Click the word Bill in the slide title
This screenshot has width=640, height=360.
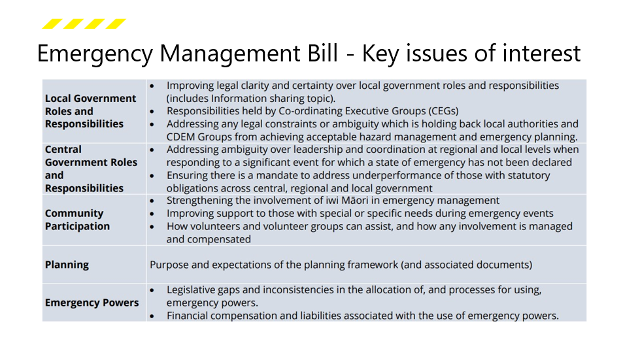316,53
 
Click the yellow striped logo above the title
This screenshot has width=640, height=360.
84,24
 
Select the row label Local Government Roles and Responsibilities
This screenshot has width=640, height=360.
90,111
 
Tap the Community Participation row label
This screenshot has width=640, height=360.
77,220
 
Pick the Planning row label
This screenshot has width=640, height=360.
67,265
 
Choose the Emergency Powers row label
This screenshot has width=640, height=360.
92,303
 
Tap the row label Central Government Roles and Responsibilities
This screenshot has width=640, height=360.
90,169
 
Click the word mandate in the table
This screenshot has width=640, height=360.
275,175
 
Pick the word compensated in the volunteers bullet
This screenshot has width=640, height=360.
220,239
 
